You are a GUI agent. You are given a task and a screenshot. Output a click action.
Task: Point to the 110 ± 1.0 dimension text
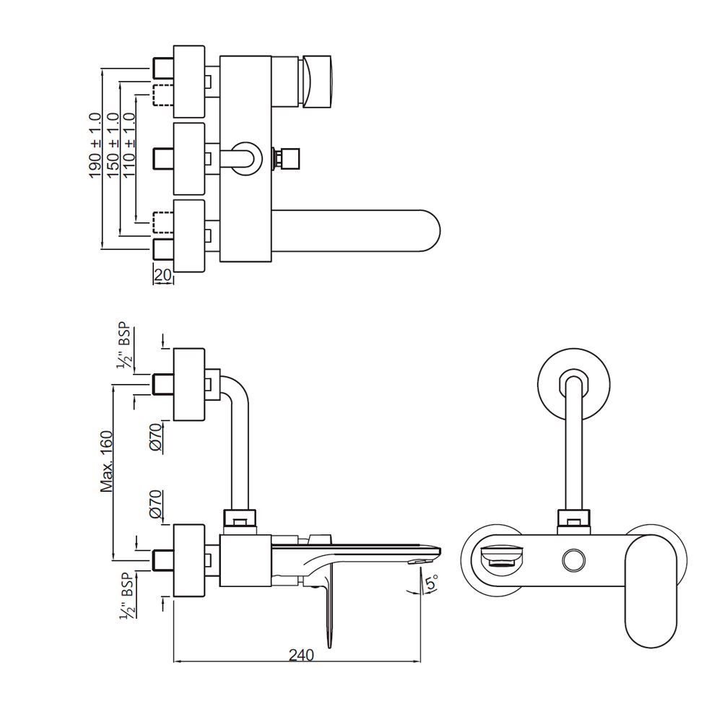click(x=130, y=159)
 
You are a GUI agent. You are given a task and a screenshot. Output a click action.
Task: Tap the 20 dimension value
click(x=163, y=275)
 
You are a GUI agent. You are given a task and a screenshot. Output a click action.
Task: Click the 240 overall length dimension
click(x=300, y=655)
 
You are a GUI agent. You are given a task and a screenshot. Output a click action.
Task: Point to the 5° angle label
click(x=430, y=583)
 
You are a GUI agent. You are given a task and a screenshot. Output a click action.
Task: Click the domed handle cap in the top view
click(x=319, y=82)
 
